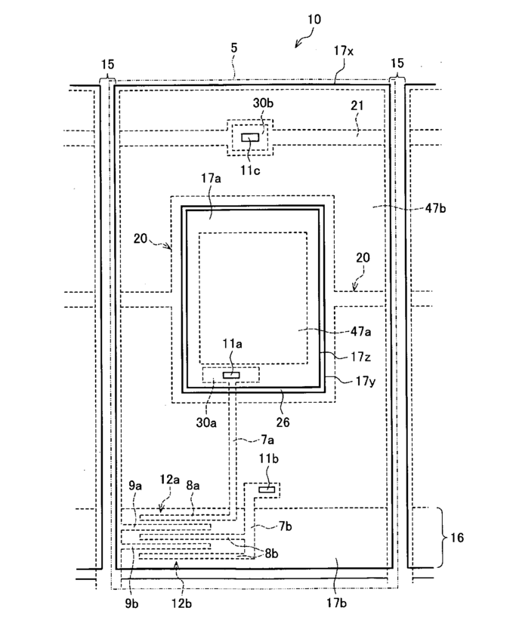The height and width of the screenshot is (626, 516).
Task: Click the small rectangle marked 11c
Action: coord(250,137)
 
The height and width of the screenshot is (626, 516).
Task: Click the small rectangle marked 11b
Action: coord(266,489)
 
